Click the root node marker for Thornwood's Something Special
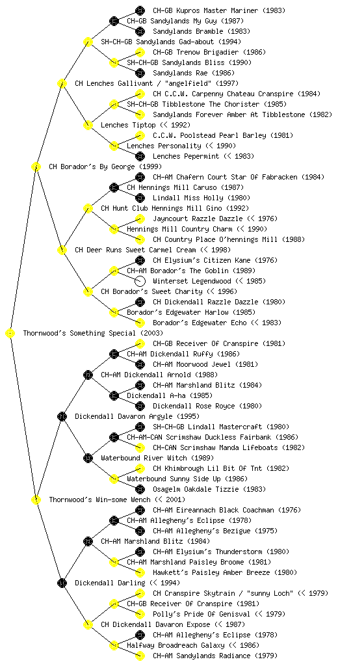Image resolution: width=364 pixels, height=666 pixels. click(10, 334)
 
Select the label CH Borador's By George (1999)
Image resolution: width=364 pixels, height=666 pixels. click(105, 167)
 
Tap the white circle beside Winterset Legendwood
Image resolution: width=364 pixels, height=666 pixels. click(140, 281)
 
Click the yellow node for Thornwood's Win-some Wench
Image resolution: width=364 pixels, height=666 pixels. click(36, 500)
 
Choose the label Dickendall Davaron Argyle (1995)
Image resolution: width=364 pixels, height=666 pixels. click(137, 417)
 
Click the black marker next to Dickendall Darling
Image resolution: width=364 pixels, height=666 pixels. click(62, 583)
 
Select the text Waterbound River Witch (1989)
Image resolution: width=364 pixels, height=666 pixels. click(157, 459)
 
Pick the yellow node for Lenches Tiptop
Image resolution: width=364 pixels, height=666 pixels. click(88, 126)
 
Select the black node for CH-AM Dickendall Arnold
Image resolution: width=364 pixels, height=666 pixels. click(88, 375)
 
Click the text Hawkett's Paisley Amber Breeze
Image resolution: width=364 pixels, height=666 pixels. click(211, 572)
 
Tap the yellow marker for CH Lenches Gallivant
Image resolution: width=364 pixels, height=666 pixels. click(62, 84)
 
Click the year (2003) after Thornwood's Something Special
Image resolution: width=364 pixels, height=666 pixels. click(151, 334)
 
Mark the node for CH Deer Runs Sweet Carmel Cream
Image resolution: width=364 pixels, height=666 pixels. click(62, 250)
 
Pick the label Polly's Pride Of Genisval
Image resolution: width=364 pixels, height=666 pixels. click(201, 614)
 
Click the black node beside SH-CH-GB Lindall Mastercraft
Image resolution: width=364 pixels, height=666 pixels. click(140, 427)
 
